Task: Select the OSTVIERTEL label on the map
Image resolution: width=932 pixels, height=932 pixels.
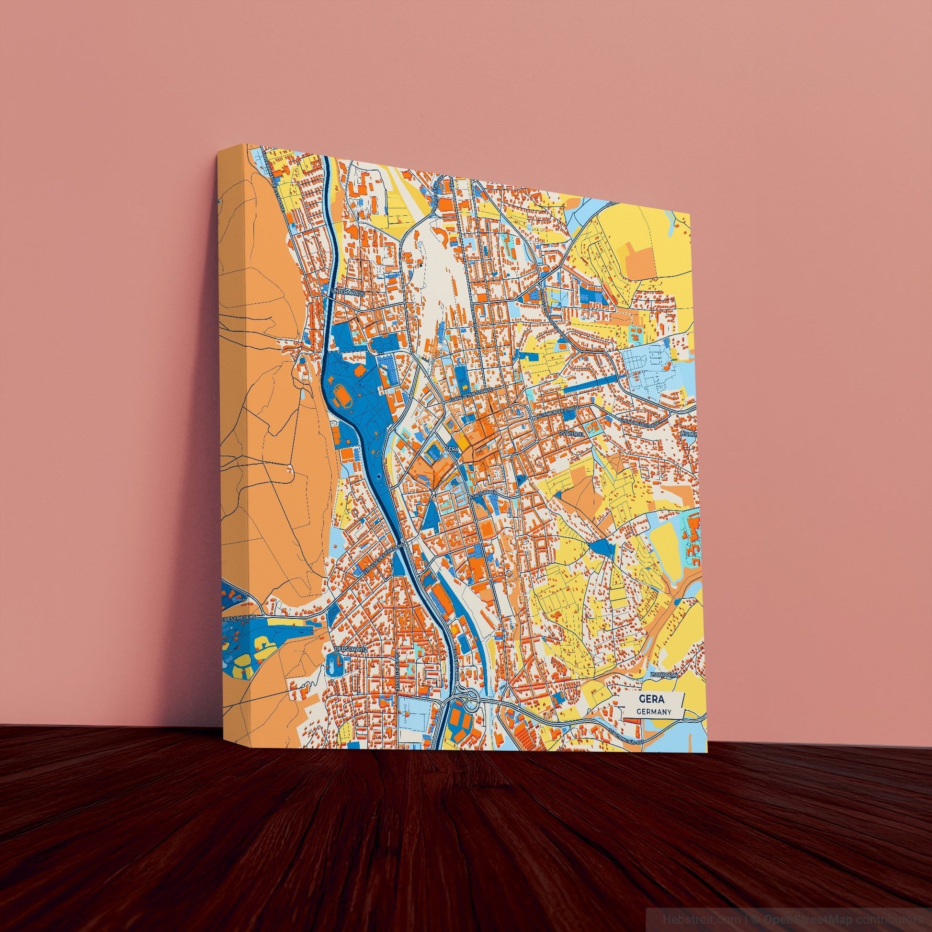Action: click(x=571, y=434)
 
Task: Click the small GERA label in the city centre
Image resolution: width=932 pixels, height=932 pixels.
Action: click(x=451, y=449)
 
